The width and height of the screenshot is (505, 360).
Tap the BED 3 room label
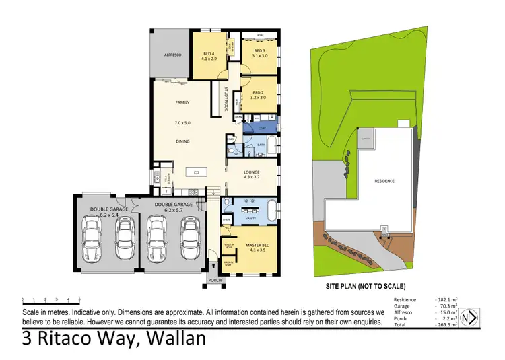[260, 50]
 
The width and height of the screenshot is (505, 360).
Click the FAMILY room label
[182, 102]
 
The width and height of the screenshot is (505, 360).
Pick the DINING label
[182, 141]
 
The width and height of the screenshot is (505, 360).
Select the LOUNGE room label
[249, 172]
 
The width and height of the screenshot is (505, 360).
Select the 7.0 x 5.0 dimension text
[182, 124]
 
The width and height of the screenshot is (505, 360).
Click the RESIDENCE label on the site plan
[384, 181]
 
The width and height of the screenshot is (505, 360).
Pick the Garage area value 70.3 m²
[446, 306]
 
